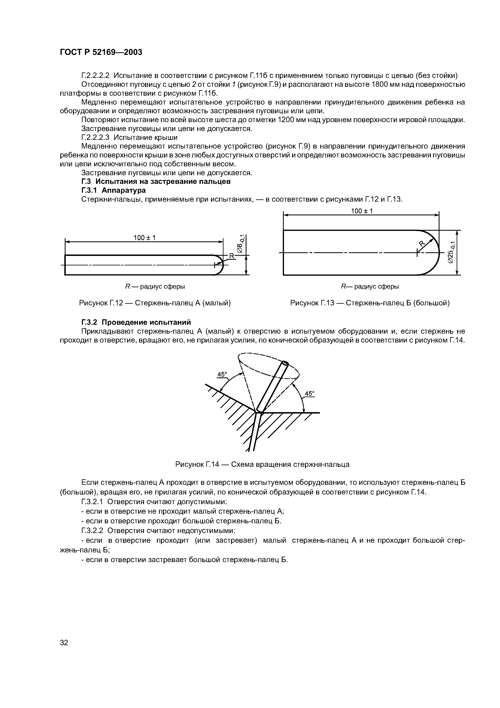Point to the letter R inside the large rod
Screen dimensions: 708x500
(x=422, y=244)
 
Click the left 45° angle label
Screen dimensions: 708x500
(x=222, y=374)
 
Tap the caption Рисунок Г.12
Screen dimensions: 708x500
(x=155, y=303)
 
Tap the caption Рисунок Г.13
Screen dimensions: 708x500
(x=370, y=303)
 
